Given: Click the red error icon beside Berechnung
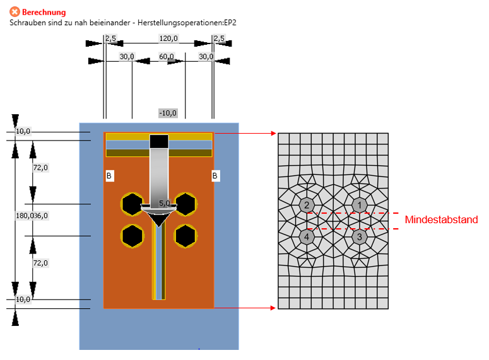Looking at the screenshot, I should coord(15,12).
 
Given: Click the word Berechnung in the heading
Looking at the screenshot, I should coord(44,12).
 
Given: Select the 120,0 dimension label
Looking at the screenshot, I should coord(168,39).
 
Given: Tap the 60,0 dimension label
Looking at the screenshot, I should coord(167,57).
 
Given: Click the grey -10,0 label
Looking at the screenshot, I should coord(168,113).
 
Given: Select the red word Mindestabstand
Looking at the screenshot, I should coord(441,220).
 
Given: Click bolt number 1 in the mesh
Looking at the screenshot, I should coord(359,205).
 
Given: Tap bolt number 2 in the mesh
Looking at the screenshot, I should coord(306,205).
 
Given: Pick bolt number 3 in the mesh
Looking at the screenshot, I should coord(359,237).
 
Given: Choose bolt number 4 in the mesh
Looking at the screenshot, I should coord(306,237).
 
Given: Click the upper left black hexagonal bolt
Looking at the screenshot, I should coord(132,204).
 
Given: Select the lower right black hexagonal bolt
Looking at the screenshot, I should coord(185,236).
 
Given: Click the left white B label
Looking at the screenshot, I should coord(109,176).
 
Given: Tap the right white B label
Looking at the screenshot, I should coord(216,176).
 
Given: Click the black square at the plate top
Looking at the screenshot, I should coord(158,141).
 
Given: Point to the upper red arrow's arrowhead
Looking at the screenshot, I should coord(273,133).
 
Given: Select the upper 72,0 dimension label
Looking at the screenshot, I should coord(40,168).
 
